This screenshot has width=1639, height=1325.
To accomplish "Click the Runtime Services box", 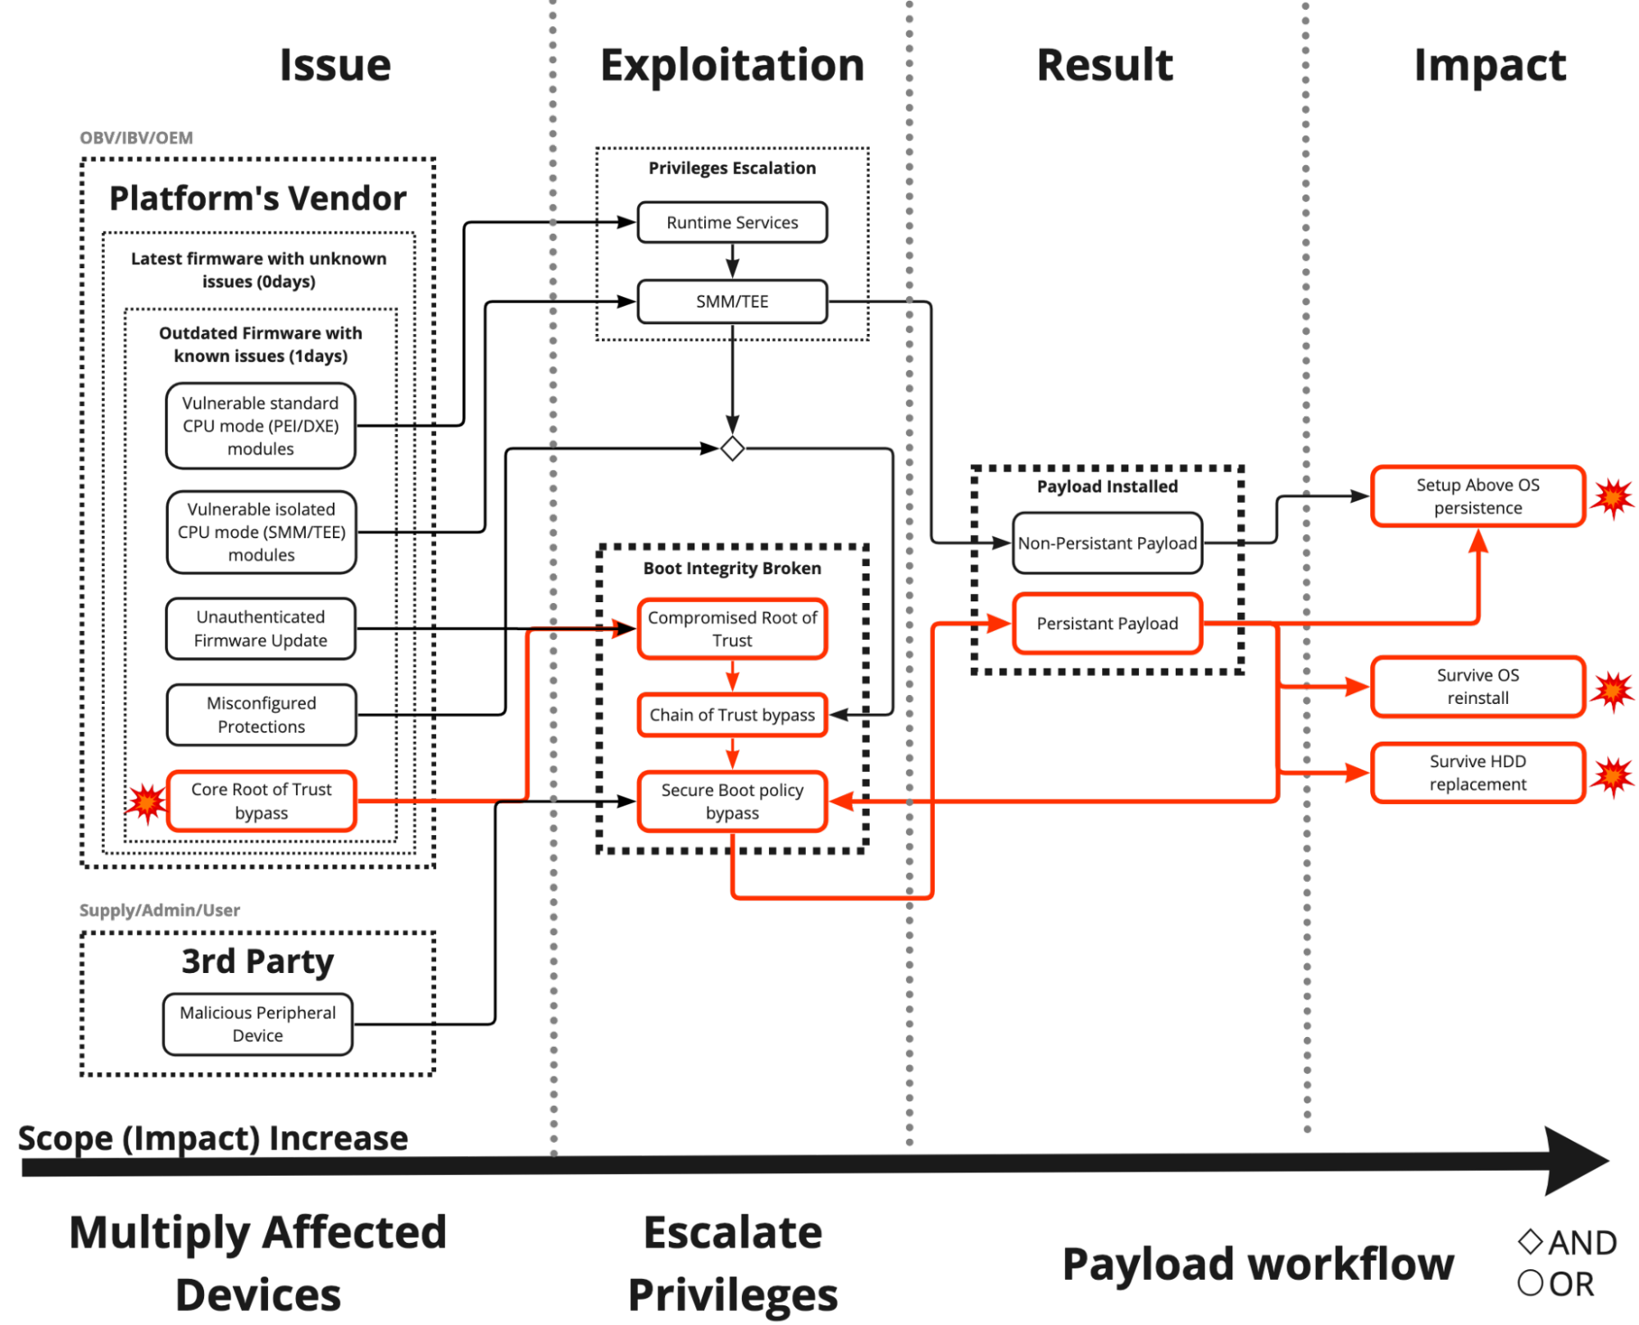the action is (x=732, y=222).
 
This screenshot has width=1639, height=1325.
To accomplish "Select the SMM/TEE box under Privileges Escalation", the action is (x=732, y=302).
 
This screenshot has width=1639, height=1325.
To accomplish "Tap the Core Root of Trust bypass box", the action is (x=262, y=801).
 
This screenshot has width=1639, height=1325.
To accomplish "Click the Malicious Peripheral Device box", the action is (x=257, y=1024).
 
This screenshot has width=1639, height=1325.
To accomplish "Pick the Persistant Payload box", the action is (x=1108, y=624).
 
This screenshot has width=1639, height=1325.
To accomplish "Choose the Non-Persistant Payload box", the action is (x=1108, y=543).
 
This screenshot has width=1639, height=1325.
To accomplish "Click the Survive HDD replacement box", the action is (x=1478, y=773).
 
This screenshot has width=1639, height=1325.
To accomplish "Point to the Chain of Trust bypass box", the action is (x=732, y=715).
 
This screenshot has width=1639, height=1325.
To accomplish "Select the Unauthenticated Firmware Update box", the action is (x=261, y=628).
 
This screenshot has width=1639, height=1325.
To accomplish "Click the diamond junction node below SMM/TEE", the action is (x=732, y=449).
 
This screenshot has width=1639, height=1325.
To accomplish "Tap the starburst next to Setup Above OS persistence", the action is (x=1613, y=498).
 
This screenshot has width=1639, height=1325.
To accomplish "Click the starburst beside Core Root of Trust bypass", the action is (x=147, y=802).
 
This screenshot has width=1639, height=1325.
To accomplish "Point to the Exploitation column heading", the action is (x=732, y=66).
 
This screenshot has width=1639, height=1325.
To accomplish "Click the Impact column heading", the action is (x=1490, y=66).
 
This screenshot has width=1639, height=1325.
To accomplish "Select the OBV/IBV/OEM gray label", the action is (x=136, y=138).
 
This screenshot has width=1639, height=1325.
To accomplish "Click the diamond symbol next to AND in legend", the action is (x=1530, y=1241).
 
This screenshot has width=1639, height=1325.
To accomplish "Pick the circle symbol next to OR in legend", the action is (x=1530, y=1282).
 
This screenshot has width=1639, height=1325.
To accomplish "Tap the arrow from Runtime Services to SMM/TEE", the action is (x=732, y=262).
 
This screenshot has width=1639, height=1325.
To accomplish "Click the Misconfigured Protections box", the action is (x=262, y=715).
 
